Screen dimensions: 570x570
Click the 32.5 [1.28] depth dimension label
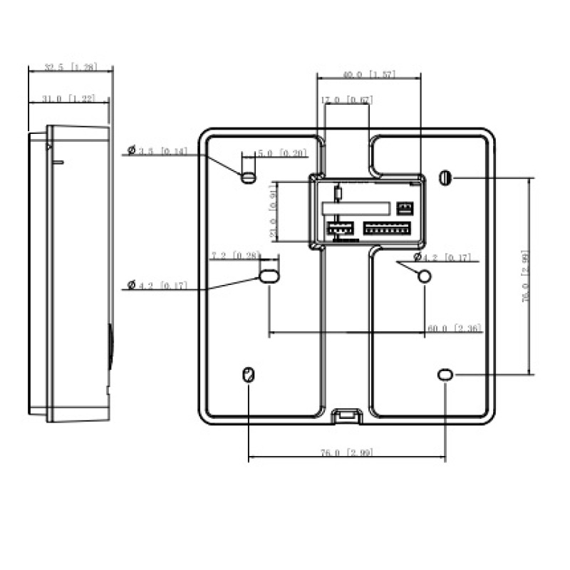(x=70, y=67)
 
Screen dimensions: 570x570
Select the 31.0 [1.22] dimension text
(x=69, y=99)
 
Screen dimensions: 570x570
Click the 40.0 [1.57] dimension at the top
(x=368, y=74)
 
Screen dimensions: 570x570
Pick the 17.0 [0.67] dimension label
(x=347, y=100)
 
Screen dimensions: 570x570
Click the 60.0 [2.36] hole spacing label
(x=454, y=328)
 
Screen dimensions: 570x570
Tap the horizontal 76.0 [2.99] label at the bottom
(x=346, y=452)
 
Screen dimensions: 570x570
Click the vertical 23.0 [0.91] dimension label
(x=271, y=212)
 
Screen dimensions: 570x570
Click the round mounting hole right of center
(x=424, y=276)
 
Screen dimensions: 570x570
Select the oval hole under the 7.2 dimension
(x=269, y=276)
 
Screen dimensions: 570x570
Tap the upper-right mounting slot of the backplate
(x=445, y=177)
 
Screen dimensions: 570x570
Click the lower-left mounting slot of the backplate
(x=248, y=375)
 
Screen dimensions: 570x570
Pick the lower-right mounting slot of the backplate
(x=445, y=374)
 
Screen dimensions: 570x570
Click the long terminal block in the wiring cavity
(x=387, y=228)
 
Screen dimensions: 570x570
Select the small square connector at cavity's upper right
(x=405, y=207)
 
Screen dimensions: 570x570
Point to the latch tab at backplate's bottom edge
(x=346, y=414)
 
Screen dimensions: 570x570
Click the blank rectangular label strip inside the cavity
(x=355, y=208)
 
